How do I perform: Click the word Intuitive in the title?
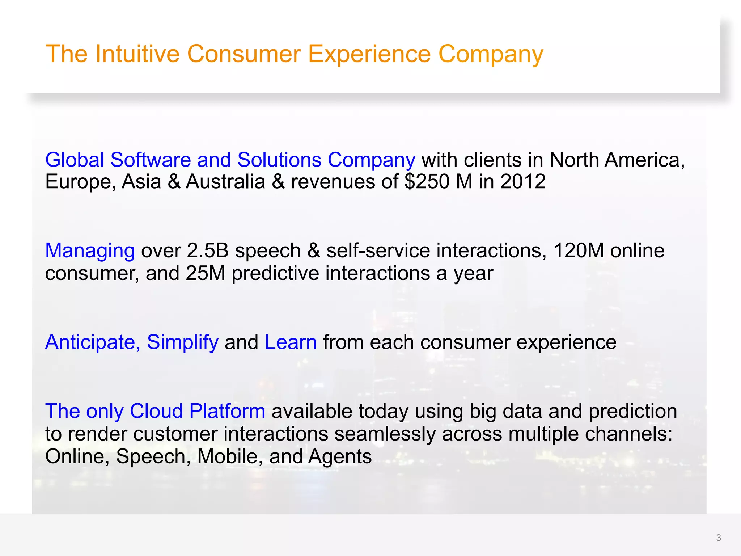tap(137, 54)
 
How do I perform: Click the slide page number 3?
tap(719, 538)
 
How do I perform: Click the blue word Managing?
tap(90, 251)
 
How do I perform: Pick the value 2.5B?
tap(207, 250)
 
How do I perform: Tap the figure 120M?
tap(578, 250)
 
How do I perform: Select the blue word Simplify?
tap(182, 342)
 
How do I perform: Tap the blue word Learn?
tap(291, 342)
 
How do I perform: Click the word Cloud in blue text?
tap(156, 411)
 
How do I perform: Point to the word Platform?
tap(227, 411)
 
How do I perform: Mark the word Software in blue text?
tap(151, 160)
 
